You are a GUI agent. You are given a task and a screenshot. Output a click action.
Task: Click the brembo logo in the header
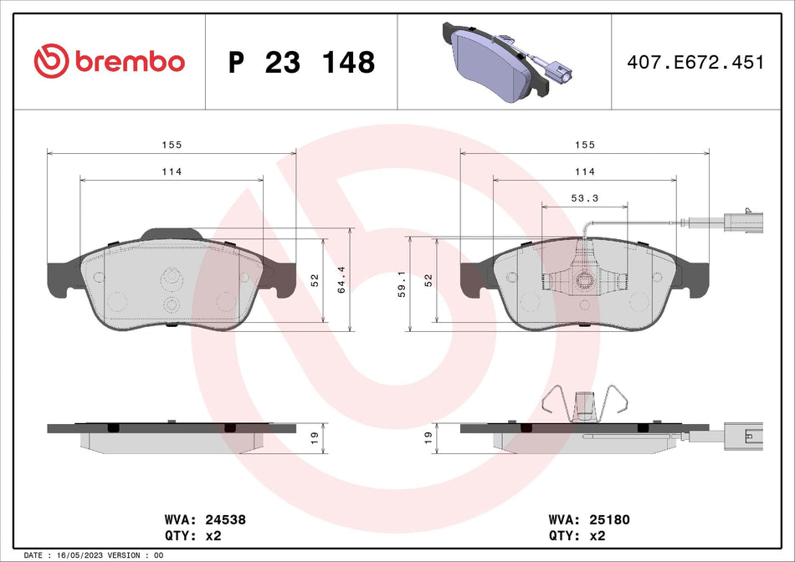coord(109,61)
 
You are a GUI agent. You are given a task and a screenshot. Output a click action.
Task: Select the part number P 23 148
coord(301,62)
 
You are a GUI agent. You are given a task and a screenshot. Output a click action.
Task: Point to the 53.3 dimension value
coord(584,198)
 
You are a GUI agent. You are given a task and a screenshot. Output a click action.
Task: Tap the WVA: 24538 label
coord(208,519)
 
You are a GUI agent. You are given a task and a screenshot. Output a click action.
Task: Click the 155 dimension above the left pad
coord(172,145)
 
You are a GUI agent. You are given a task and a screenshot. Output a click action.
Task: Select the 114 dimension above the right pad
coord(584,171)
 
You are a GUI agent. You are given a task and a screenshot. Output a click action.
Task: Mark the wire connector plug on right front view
coord(740,222)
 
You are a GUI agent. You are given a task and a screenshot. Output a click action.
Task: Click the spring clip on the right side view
coord(584,405)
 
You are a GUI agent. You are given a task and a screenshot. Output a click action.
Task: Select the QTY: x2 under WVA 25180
coord(577,534)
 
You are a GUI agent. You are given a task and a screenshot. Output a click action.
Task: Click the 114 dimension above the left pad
coord(172,171)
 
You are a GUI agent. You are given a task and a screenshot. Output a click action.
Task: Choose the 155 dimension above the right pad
coord(584,145)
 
